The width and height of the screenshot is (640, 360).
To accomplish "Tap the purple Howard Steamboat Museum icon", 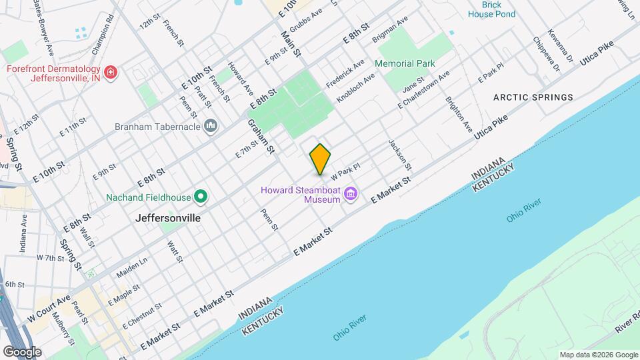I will pos(351,195).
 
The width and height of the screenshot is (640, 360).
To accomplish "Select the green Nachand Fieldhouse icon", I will pos(200,197).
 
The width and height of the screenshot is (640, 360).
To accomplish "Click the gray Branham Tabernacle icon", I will pos(211,126).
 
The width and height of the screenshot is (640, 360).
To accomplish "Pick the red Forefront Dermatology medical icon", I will pos(111,71).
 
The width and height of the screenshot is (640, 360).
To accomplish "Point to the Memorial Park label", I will pos(405,63).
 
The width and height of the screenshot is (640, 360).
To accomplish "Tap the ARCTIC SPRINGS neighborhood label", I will pos(533,97).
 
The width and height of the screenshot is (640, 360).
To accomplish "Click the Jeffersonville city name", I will pos(168,217).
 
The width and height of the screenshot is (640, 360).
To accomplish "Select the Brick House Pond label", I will pos(491,9).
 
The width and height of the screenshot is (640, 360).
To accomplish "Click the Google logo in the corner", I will pos(22,351).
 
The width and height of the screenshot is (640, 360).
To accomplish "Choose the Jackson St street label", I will pos(400,154).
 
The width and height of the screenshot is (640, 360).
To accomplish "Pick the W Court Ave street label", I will pos(49,310).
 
